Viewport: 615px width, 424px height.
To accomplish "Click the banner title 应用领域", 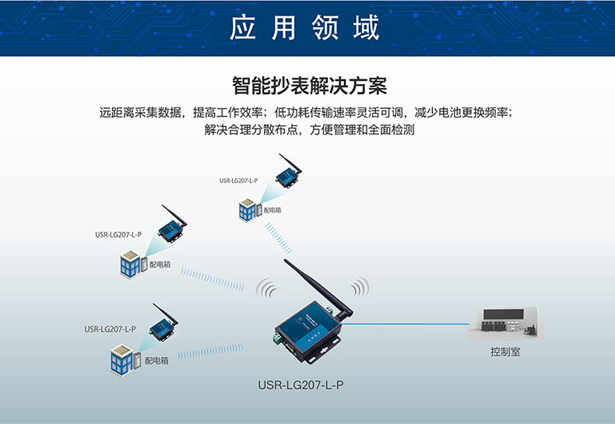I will (307, 28).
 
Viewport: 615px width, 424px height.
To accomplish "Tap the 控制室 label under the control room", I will (505, 352).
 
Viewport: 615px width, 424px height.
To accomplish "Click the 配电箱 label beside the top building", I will (272, 210).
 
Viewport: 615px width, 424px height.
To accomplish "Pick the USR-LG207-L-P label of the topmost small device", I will (238, 180).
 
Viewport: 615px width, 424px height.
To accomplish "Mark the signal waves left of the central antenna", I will (266, 289).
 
